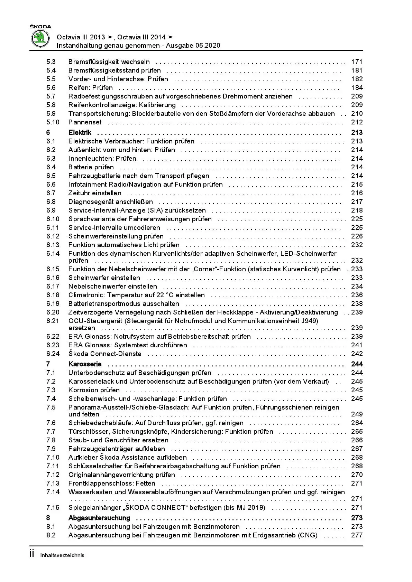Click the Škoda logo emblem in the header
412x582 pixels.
click(40, 38)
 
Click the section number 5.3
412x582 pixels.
click(51, 62)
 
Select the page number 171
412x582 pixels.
click(357, 62)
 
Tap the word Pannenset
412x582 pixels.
click(85, 122)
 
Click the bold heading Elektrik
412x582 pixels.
click(80, 133)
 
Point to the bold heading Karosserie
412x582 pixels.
click(85, 364)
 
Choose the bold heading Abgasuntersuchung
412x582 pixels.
click(99, 518)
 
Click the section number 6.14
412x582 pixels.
click(53, 254)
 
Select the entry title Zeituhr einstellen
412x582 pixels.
click(95, 193)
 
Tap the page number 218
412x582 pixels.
click(357, 210)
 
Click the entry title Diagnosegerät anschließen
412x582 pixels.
click(111, 202)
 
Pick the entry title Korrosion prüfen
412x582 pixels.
click(94, 390)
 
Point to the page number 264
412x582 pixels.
click(357, 423)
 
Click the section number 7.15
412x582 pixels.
click(53, 508)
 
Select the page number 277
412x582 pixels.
click(357, 535)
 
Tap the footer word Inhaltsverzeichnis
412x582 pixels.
click(62, 555)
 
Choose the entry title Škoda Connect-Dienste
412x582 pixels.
click(105, 354)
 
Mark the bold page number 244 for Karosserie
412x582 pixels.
click(357, 364)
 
